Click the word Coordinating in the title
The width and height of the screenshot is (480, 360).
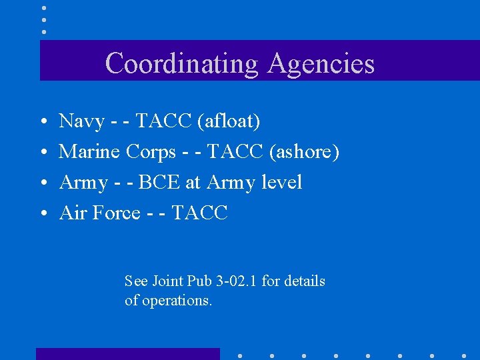tap(181, 63)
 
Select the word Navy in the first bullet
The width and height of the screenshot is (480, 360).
tap(82, 121)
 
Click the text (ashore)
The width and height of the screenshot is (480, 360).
tap(305, 152)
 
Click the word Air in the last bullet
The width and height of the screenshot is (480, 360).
tap(71, 213)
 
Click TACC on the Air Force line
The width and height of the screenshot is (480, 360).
tap(200, 213)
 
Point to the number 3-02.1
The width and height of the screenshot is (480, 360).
tap(236, 281)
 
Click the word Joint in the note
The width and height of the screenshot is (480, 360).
tap(167, 281)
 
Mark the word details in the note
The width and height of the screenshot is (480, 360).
tap(305, 281)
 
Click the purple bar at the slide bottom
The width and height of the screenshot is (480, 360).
tap(127, 354)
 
